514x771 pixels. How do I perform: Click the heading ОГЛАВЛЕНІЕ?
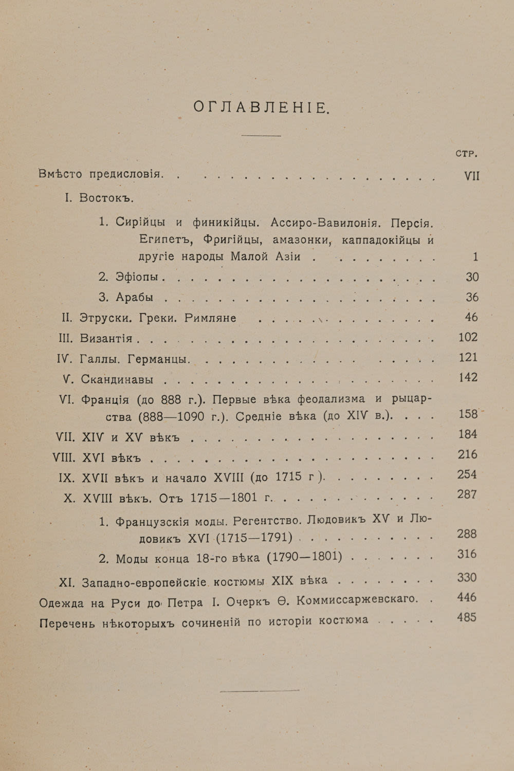point(261,107)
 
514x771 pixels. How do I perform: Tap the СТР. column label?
point(467,153)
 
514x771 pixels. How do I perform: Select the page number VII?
point(471,176)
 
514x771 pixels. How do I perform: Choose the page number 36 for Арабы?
point(472,297)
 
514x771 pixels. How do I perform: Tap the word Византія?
point(106,338)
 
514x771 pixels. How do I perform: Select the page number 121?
point(468,357)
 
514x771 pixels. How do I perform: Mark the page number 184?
point(468,434)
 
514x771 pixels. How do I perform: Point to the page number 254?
point(467,474)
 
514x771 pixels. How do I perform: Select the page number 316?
point(467,554)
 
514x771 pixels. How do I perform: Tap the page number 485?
point(467,617)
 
